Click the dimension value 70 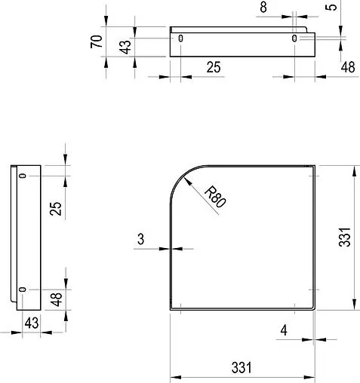[97, 41]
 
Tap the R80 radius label [216, 198]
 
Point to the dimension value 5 [333, 8]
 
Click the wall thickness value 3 [141, 240]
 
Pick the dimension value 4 [283, 329]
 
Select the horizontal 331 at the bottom [241, 368]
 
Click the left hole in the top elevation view [180, 38]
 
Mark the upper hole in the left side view [23, 176]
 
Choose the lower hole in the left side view [23, 290]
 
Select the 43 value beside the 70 [127, 44]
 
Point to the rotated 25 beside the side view [54, 208]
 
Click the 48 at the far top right [348, 67]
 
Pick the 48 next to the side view [55, 299]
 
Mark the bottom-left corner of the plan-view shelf [170, 309]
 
